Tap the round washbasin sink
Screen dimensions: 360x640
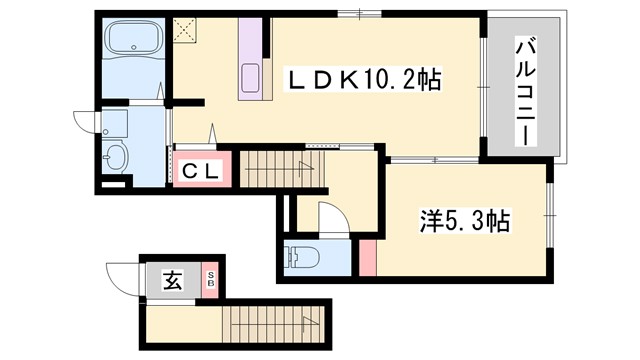[116, 157]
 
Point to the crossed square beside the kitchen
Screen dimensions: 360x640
[185, 31]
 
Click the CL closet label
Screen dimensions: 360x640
[201, 170]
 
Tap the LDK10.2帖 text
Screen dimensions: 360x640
[365, 78]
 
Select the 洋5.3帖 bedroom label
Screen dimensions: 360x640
[463, 221]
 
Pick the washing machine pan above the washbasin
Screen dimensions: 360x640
[115, 123]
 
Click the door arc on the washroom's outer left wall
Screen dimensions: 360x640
[87, 120]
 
